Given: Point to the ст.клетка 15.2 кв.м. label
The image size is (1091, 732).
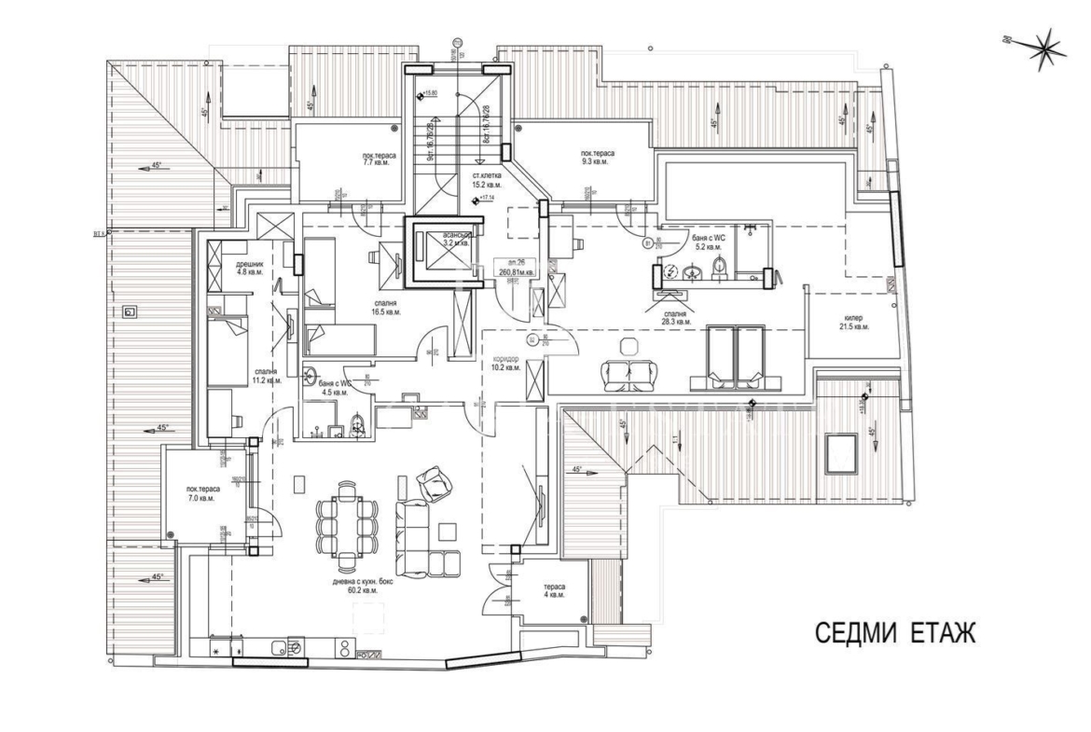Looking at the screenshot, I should [x=487, y=180].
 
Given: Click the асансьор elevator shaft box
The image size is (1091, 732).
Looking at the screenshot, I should [x=443, y=246].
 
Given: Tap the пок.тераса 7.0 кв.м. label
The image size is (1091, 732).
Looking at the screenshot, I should [x=202, y=493].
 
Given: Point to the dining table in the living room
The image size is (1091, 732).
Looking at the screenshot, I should [x=345, y=522].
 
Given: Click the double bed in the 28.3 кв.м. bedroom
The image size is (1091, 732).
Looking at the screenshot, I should [x=735, y=357].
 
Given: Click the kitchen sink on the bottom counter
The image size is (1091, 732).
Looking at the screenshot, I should [x=279, y=646].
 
